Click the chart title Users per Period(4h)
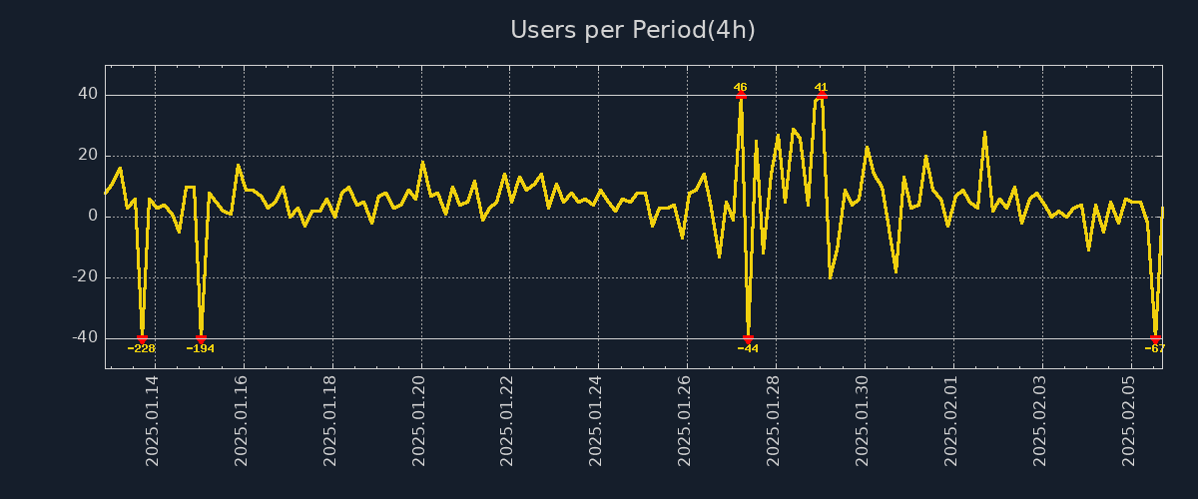(x=633, y=30)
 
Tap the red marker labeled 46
(x=741, y=96)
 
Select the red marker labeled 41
(x=821, y=96)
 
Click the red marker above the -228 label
(x=142, y=339)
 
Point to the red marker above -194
(x=201, y=339)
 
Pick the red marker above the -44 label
(x=748, y=339)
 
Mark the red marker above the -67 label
(x=1155, y=339)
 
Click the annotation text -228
(x=142, y=348)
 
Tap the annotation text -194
(x=201, y=348)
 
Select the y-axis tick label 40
(x=88, y=95)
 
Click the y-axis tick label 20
(x=88, y=156)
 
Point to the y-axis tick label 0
(x=93, y=217)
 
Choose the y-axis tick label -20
(x=85, y=277)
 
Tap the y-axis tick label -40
(x=85, y=338)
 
